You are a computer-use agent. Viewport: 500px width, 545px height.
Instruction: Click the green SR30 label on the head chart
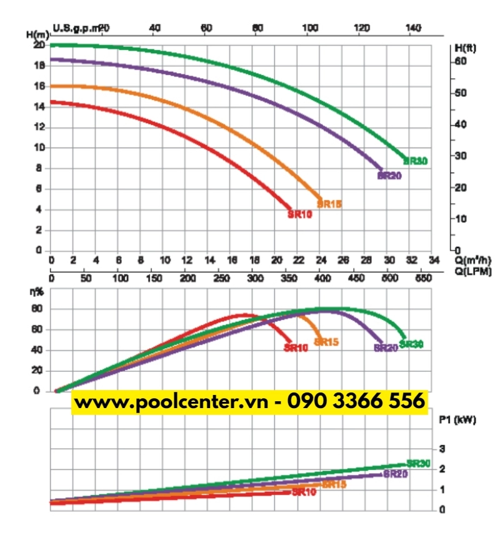click(416, 161)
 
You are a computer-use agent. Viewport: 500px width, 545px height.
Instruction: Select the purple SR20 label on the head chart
click(389, 176)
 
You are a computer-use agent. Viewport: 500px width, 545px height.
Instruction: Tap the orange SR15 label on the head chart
click(329, 204)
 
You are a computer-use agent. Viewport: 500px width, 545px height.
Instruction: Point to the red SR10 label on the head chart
click(299, 214)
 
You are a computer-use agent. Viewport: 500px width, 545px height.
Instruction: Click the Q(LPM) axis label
click(474, 271)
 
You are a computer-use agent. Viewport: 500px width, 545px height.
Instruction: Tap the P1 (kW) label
click(457, 420)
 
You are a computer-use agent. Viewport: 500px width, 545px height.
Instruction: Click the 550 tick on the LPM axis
click(423, 277)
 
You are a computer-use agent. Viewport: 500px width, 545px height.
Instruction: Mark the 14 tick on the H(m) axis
click(39, 107)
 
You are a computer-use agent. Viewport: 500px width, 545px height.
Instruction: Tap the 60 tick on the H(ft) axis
click(461, 61)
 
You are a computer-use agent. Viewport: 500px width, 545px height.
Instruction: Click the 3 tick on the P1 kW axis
click(442, 449)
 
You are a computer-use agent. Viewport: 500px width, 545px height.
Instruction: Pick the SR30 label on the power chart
click(418, 464)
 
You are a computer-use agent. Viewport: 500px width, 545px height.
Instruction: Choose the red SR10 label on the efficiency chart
click(296, 348)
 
